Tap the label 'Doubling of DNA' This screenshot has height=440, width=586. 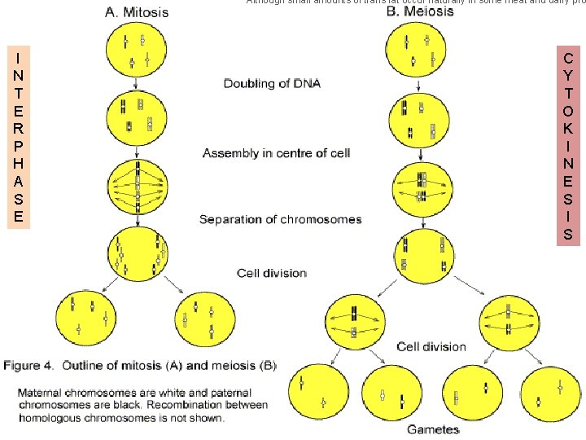[272, 83]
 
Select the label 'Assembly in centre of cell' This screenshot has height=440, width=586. [276, 153]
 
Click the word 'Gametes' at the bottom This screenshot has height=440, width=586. [433, 429]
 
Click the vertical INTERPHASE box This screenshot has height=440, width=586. [18, 136]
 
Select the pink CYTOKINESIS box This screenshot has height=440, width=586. [567, 146]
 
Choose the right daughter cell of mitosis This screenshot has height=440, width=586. [203, 318]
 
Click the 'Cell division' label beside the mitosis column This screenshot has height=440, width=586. [271, 273]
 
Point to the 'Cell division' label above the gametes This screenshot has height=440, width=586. [431, 346]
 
